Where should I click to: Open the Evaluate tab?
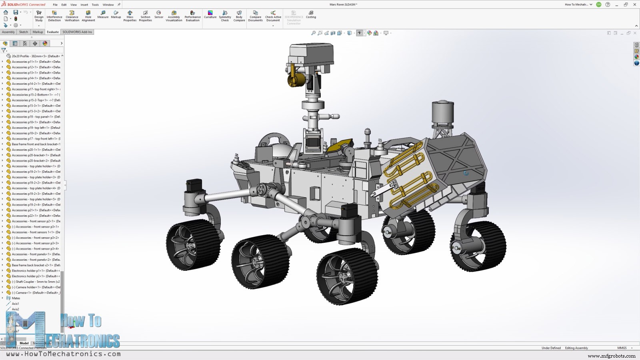(53, 32)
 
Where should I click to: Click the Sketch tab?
(24, 32)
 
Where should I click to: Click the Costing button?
(311, 15)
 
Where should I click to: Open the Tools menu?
(95, 5)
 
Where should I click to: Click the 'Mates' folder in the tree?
(16, 298)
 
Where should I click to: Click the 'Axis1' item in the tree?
(15, 304)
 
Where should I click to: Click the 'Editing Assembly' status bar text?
(576, 348)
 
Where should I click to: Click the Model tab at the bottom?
(24, 343)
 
